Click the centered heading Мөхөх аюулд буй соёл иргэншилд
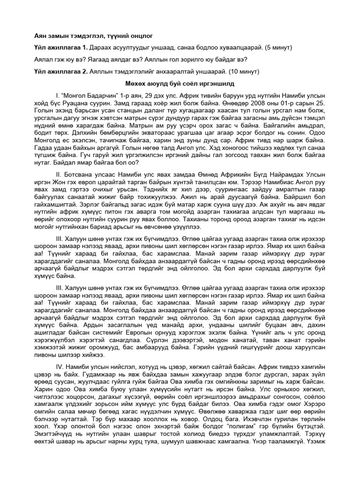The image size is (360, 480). pyautogui.click(x=180, y=82)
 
